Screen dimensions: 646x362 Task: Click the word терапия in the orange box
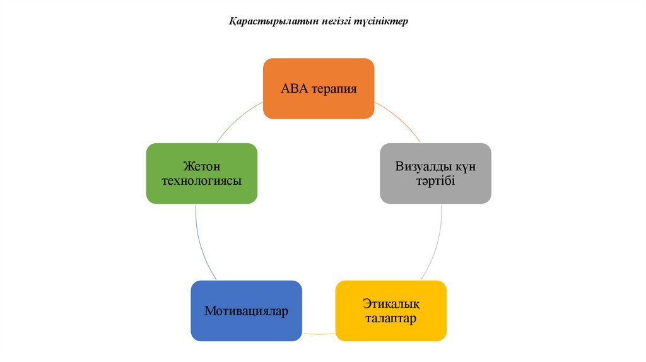pyautogui.click(x=334, y=89)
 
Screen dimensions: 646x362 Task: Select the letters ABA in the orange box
pyautogui.click(x=294, y=89)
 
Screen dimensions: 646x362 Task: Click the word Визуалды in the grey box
pyautogui.click(x=418, y=167)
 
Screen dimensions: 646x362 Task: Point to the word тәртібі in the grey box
pyautogui.click(x=435, y=181)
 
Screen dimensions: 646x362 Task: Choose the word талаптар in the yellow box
pyautogui.click(x=391, y=318)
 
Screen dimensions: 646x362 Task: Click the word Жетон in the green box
pyautogui.click(x=201, y=167)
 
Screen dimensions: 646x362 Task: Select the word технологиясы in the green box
pyautogui.click(x=201, y=181)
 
